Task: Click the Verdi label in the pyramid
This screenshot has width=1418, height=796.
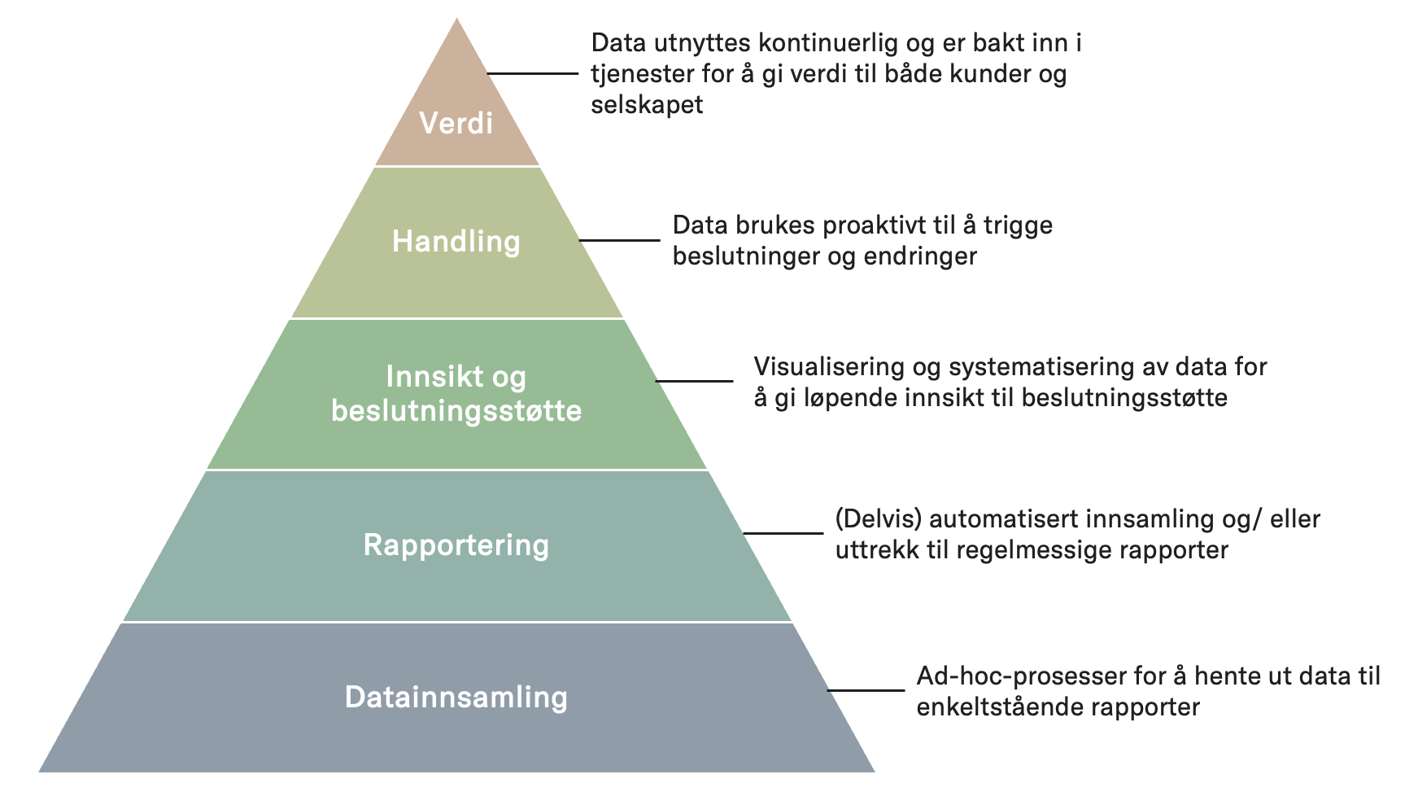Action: pos(456,124)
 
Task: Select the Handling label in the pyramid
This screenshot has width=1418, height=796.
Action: pos(456,241)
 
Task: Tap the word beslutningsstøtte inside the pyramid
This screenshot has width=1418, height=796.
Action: pos(456,410)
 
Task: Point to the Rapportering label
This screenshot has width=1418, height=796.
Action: pos(456,545)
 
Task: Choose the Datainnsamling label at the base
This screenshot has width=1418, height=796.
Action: pos(456,697)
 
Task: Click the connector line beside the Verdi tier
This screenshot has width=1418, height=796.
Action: pos(532,73)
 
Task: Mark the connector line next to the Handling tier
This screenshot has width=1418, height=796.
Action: pos(619,240)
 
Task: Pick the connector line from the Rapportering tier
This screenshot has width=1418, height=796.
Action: pos(783,533)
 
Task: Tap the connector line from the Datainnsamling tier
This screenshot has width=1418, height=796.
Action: pos(866,690)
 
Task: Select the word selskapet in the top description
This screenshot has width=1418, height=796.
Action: pos(647,105)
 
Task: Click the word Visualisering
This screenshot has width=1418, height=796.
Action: pos(829,367)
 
